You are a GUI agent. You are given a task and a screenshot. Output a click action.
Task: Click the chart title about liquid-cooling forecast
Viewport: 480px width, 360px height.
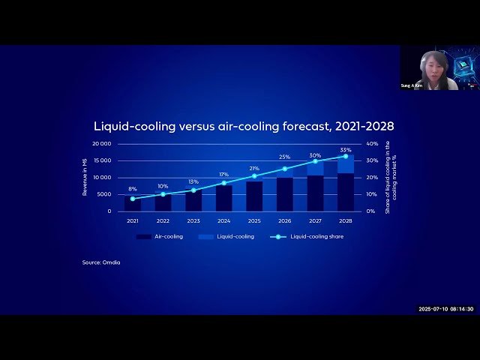coord(243,126)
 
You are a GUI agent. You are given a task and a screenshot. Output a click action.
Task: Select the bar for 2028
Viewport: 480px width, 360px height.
coord(345,184)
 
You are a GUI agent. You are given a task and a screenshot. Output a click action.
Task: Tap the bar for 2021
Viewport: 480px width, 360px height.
coord(133,203)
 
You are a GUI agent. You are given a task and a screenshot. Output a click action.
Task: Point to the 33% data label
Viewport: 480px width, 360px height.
coord(345,150)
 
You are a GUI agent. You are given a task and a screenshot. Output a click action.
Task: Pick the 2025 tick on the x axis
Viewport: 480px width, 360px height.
coord(254,221)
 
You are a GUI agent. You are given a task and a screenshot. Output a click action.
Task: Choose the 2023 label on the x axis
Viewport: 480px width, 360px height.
coord(193,221)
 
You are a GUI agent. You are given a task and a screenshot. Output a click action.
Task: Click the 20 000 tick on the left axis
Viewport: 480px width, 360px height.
coord(101,143)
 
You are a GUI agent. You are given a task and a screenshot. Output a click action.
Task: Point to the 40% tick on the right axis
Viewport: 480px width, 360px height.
coord(371,143)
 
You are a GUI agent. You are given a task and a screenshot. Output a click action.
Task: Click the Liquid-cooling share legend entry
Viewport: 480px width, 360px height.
coord(316,236)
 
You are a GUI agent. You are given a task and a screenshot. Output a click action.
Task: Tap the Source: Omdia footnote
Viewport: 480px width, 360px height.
coord(101,262)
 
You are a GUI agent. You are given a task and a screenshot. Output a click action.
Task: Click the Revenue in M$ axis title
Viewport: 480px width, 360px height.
coord(85,178)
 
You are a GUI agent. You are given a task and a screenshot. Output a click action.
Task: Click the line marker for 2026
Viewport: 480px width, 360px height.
coord(284,169)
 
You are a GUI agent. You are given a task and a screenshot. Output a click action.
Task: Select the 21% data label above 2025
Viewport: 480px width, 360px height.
coord(254,168)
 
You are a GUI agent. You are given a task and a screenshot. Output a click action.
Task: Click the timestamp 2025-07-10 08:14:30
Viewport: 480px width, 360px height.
coord(446,309)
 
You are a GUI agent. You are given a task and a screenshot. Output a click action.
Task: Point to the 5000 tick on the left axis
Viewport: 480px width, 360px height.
coord(104,194)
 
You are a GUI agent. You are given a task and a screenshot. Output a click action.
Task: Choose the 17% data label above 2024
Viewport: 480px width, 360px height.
coord(223,175)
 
